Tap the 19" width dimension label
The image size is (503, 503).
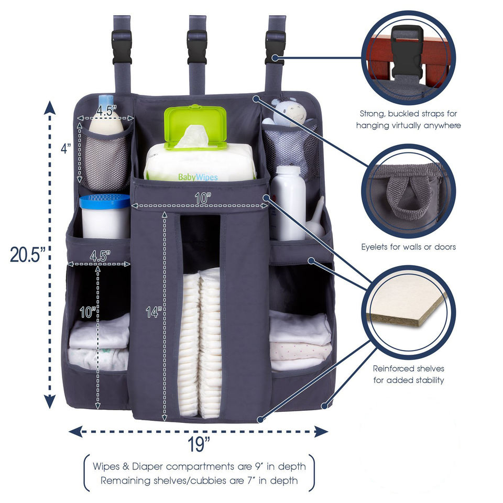coord(200,445)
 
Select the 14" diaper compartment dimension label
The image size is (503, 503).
coord(152,312)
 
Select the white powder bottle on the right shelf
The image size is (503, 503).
coord(288,202)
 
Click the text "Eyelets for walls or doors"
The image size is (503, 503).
coord(409,246)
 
